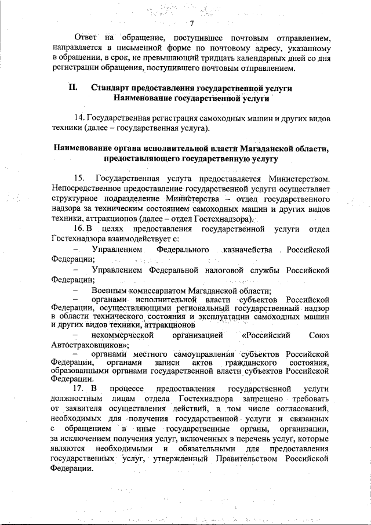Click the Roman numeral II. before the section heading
(73, 88)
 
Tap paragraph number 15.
(80, 178)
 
